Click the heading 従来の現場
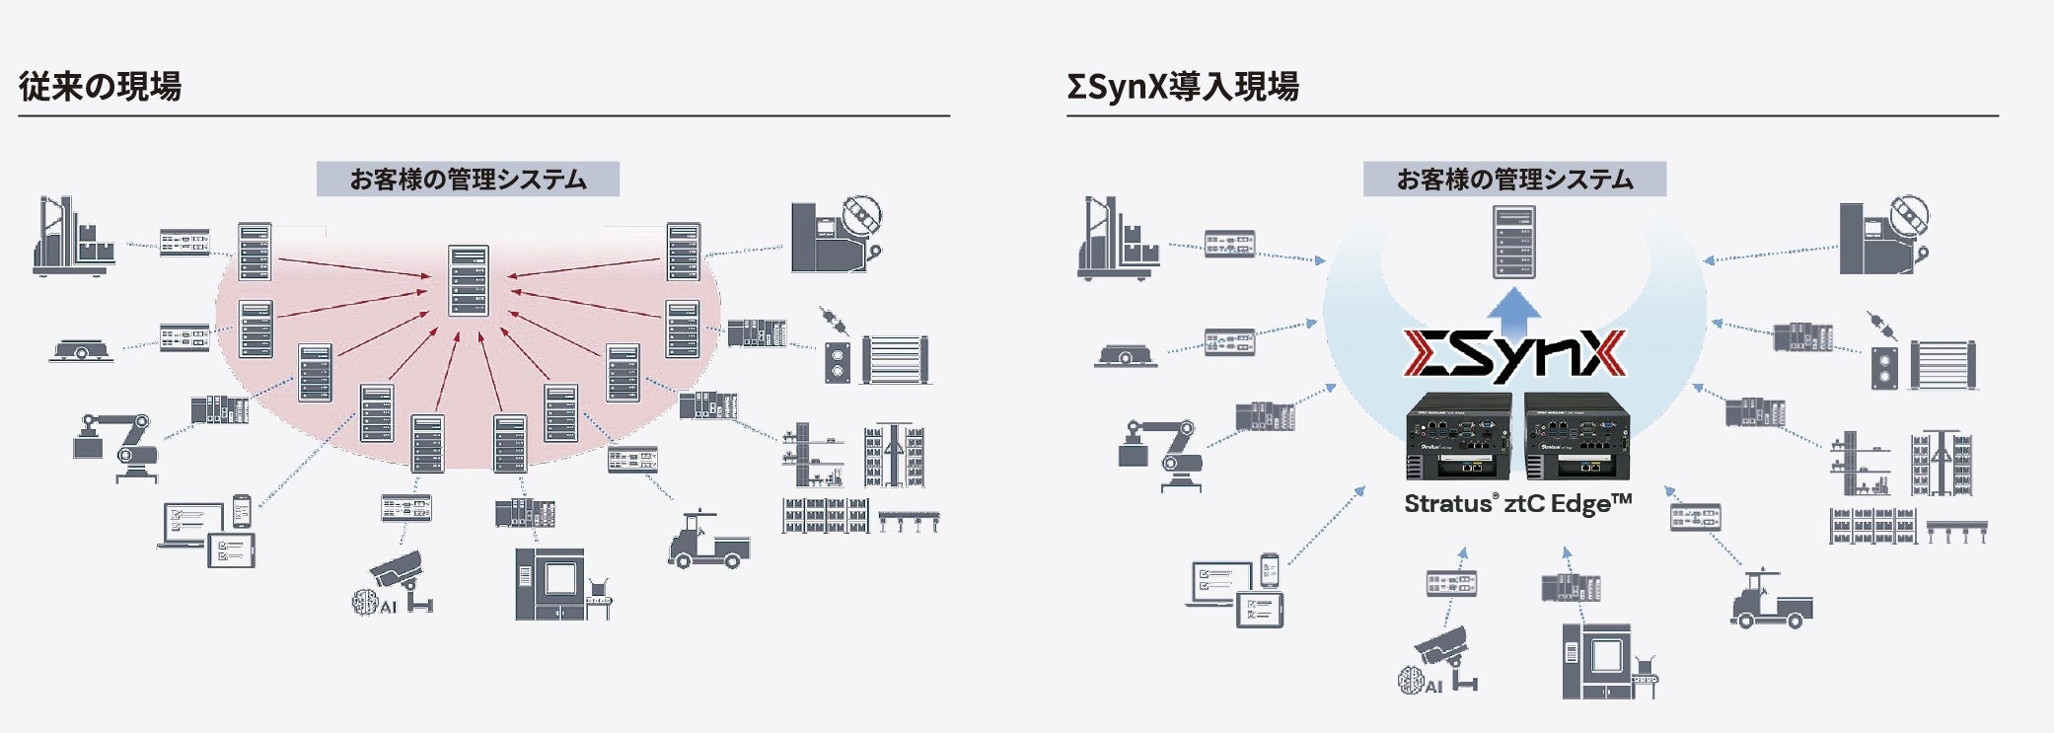(x=100, y=87)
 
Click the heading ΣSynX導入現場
(x=1182, y=87)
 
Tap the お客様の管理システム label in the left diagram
(x=468, y=180)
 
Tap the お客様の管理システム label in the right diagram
(x=1514, y=180)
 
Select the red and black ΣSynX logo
(x=1514, y=356)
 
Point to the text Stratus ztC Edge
(x=1517, y=504)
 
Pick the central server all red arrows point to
(x=469, y=281)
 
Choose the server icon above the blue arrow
(x=1513, y=242)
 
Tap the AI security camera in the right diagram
(x=1441, y=660)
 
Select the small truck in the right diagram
(x=1770, y=601)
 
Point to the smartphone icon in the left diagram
(x=242, y=511)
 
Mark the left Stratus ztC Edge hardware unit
(x=1458, y=436)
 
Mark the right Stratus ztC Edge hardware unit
(x=1576, y=436)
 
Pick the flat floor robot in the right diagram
(x=1125, y=355)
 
